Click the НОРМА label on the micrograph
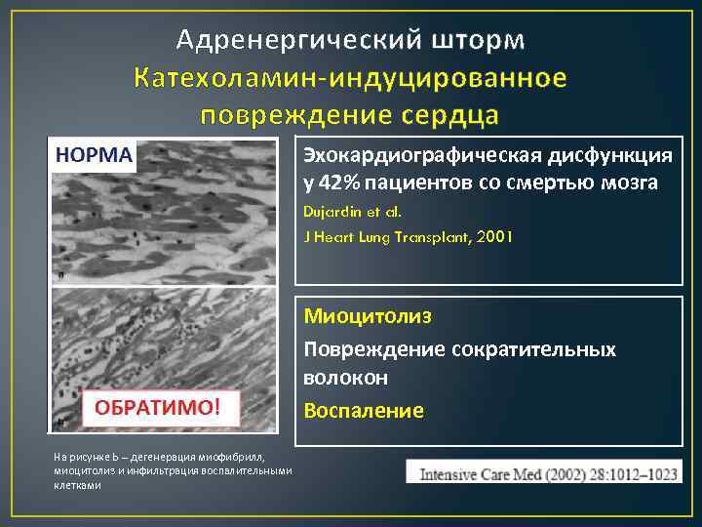tap(94, 156)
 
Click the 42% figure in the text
tap(339, 182)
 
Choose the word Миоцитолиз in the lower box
tap(367, 317)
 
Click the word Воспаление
tap(364, 411)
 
